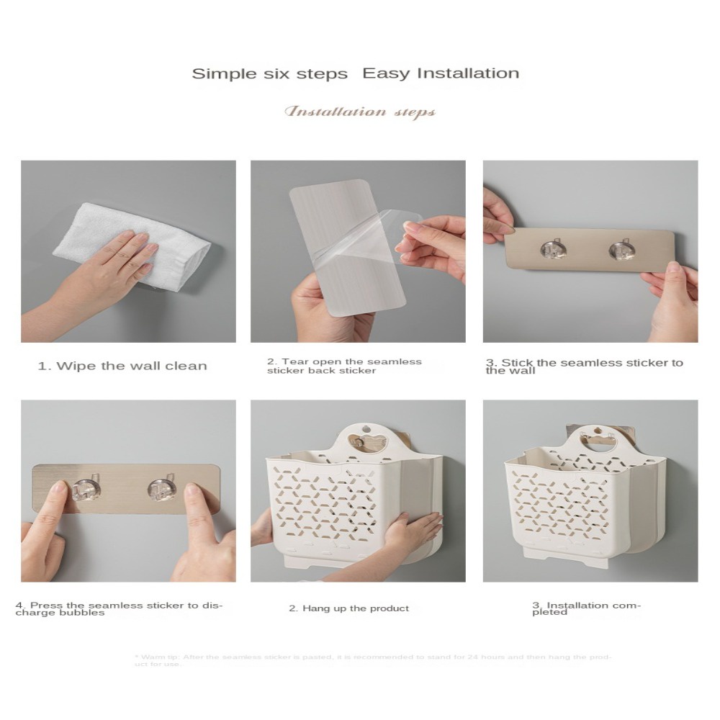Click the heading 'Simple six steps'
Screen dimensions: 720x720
pos(269,73)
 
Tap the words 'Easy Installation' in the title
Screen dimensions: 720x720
pos(440,73)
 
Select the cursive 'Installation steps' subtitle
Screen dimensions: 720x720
pos(360,112)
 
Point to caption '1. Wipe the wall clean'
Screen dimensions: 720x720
pos(122,366)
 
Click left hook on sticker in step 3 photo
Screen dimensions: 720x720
pos(552,249)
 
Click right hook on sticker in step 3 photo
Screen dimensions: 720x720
pos(621,250)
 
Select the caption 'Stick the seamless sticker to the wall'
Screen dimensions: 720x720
pos(584,366)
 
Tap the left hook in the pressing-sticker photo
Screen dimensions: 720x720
pos(84,490)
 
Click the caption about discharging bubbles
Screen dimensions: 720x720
pos(119,608)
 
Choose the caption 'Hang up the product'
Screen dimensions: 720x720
pos(348,608)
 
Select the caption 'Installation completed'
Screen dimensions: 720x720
pos(586,608)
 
